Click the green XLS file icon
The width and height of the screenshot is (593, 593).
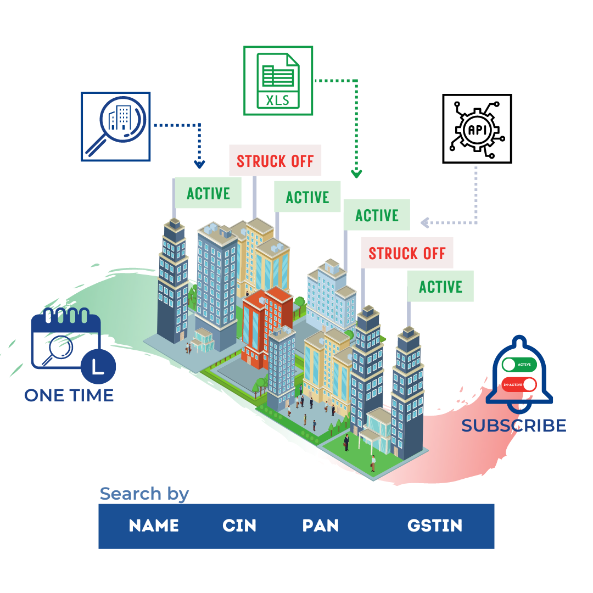coord(278,81)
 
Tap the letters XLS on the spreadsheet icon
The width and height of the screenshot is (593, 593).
coord(278,100)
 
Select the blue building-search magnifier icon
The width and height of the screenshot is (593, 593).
coord(116,126)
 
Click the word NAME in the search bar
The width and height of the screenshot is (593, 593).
coord(154,526)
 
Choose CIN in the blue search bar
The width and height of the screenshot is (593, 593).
coord(239,526)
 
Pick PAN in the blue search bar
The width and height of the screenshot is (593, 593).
coord(321,526)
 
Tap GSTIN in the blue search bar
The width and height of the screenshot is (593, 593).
coord(435,526)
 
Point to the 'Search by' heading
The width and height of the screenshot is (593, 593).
coord(144,494)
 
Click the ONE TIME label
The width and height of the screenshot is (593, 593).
coord(69,395)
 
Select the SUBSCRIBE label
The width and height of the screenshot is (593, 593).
coord(513,426)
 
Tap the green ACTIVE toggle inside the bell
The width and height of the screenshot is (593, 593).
coord(519,364)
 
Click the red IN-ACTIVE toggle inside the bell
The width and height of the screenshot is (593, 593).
coord(519,384)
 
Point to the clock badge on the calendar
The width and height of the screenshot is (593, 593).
coord(98,365)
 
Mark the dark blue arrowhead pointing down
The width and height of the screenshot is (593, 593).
coord(199,164)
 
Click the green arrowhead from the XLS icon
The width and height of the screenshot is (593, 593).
coord(356,174)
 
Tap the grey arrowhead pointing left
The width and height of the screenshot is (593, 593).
coord(424,222)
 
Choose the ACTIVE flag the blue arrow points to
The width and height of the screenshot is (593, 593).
coord(208,193)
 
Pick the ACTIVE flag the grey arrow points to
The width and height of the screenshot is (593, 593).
coord(377,215)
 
